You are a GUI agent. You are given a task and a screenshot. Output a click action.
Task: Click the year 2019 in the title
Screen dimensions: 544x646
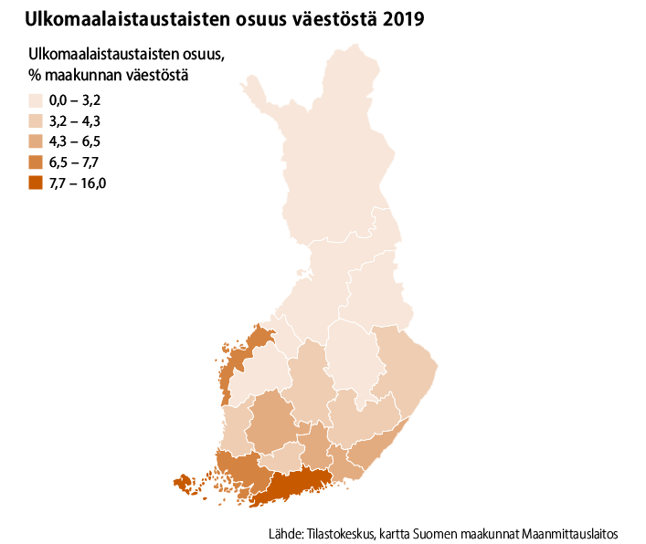(403, 18)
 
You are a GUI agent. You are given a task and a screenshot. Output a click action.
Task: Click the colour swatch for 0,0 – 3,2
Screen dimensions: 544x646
(36, 101)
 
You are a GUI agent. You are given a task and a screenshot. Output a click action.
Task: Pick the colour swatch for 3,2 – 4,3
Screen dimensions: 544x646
(36, 121)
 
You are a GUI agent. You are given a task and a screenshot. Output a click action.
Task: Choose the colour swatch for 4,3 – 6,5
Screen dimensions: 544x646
(36, 141)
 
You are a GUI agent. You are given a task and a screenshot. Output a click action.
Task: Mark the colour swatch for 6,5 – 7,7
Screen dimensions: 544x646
(36, 162)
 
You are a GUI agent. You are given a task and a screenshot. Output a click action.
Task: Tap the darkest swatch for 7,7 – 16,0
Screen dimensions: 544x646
(36, 183)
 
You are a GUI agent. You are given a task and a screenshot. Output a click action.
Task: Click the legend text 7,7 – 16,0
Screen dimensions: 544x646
(78, 183)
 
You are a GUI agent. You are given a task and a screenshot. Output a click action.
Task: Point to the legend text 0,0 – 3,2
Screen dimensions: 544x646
(74, 101)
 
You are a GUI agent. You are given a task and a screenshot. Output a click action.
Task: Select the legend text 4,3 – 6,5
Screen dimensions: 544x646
(74, 141)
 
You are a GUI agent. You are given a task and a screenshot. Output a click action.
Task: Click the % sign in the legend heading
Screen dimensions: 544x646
(35, 75)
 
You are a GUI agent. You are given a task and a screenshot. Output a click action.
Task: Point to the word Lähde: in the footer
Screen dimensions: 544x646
(287, 532)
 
